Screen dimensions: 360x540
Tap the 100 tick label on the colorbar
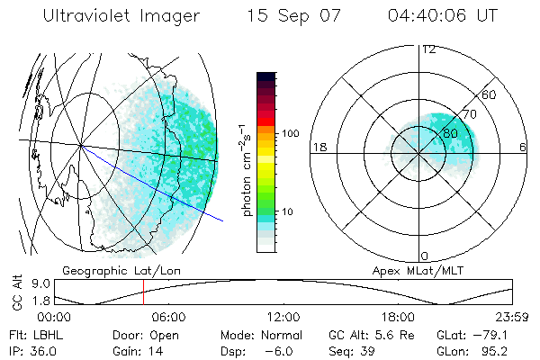coord(290,133)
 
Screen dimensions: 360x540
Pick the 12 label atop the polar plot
coord(429,49)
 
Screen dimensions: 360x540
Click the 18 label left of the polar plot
coord(318,147)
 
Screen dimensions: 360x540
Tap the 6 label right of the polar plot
coord(523,147)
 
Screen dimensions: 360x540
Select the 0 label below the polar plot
coord(425,256)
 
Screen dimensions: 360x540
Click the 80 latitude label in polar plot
coord(450,133)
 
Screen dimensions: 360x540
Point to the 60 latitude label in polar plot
coord(489,94)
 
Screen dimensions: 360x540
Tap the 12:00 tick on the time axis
coord(283,317)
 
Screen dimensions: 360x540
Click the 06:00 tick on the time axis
coord(168,317)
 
